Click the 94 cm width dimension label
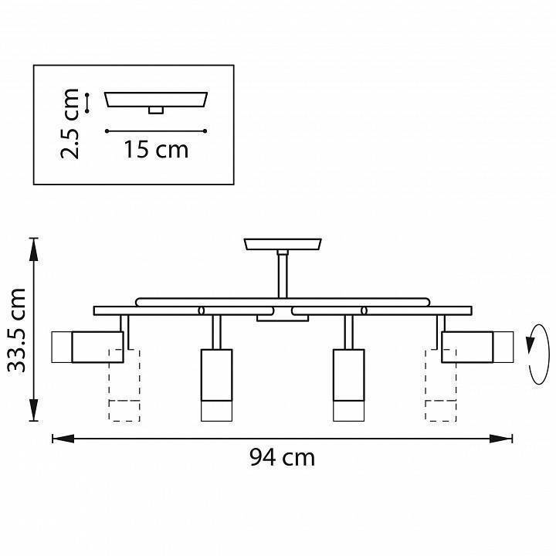point(283,457)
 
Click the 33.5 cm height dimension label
point(17,331)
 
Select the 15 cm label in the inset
point(156,149)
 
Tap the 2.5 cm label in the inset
point(69,124)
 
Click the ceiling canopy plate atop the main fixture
point(283,244)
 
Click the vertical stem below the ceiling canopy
point(283,274)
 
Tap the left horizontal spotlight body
point(87,347)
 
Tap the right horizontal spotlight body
point(477,347)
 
